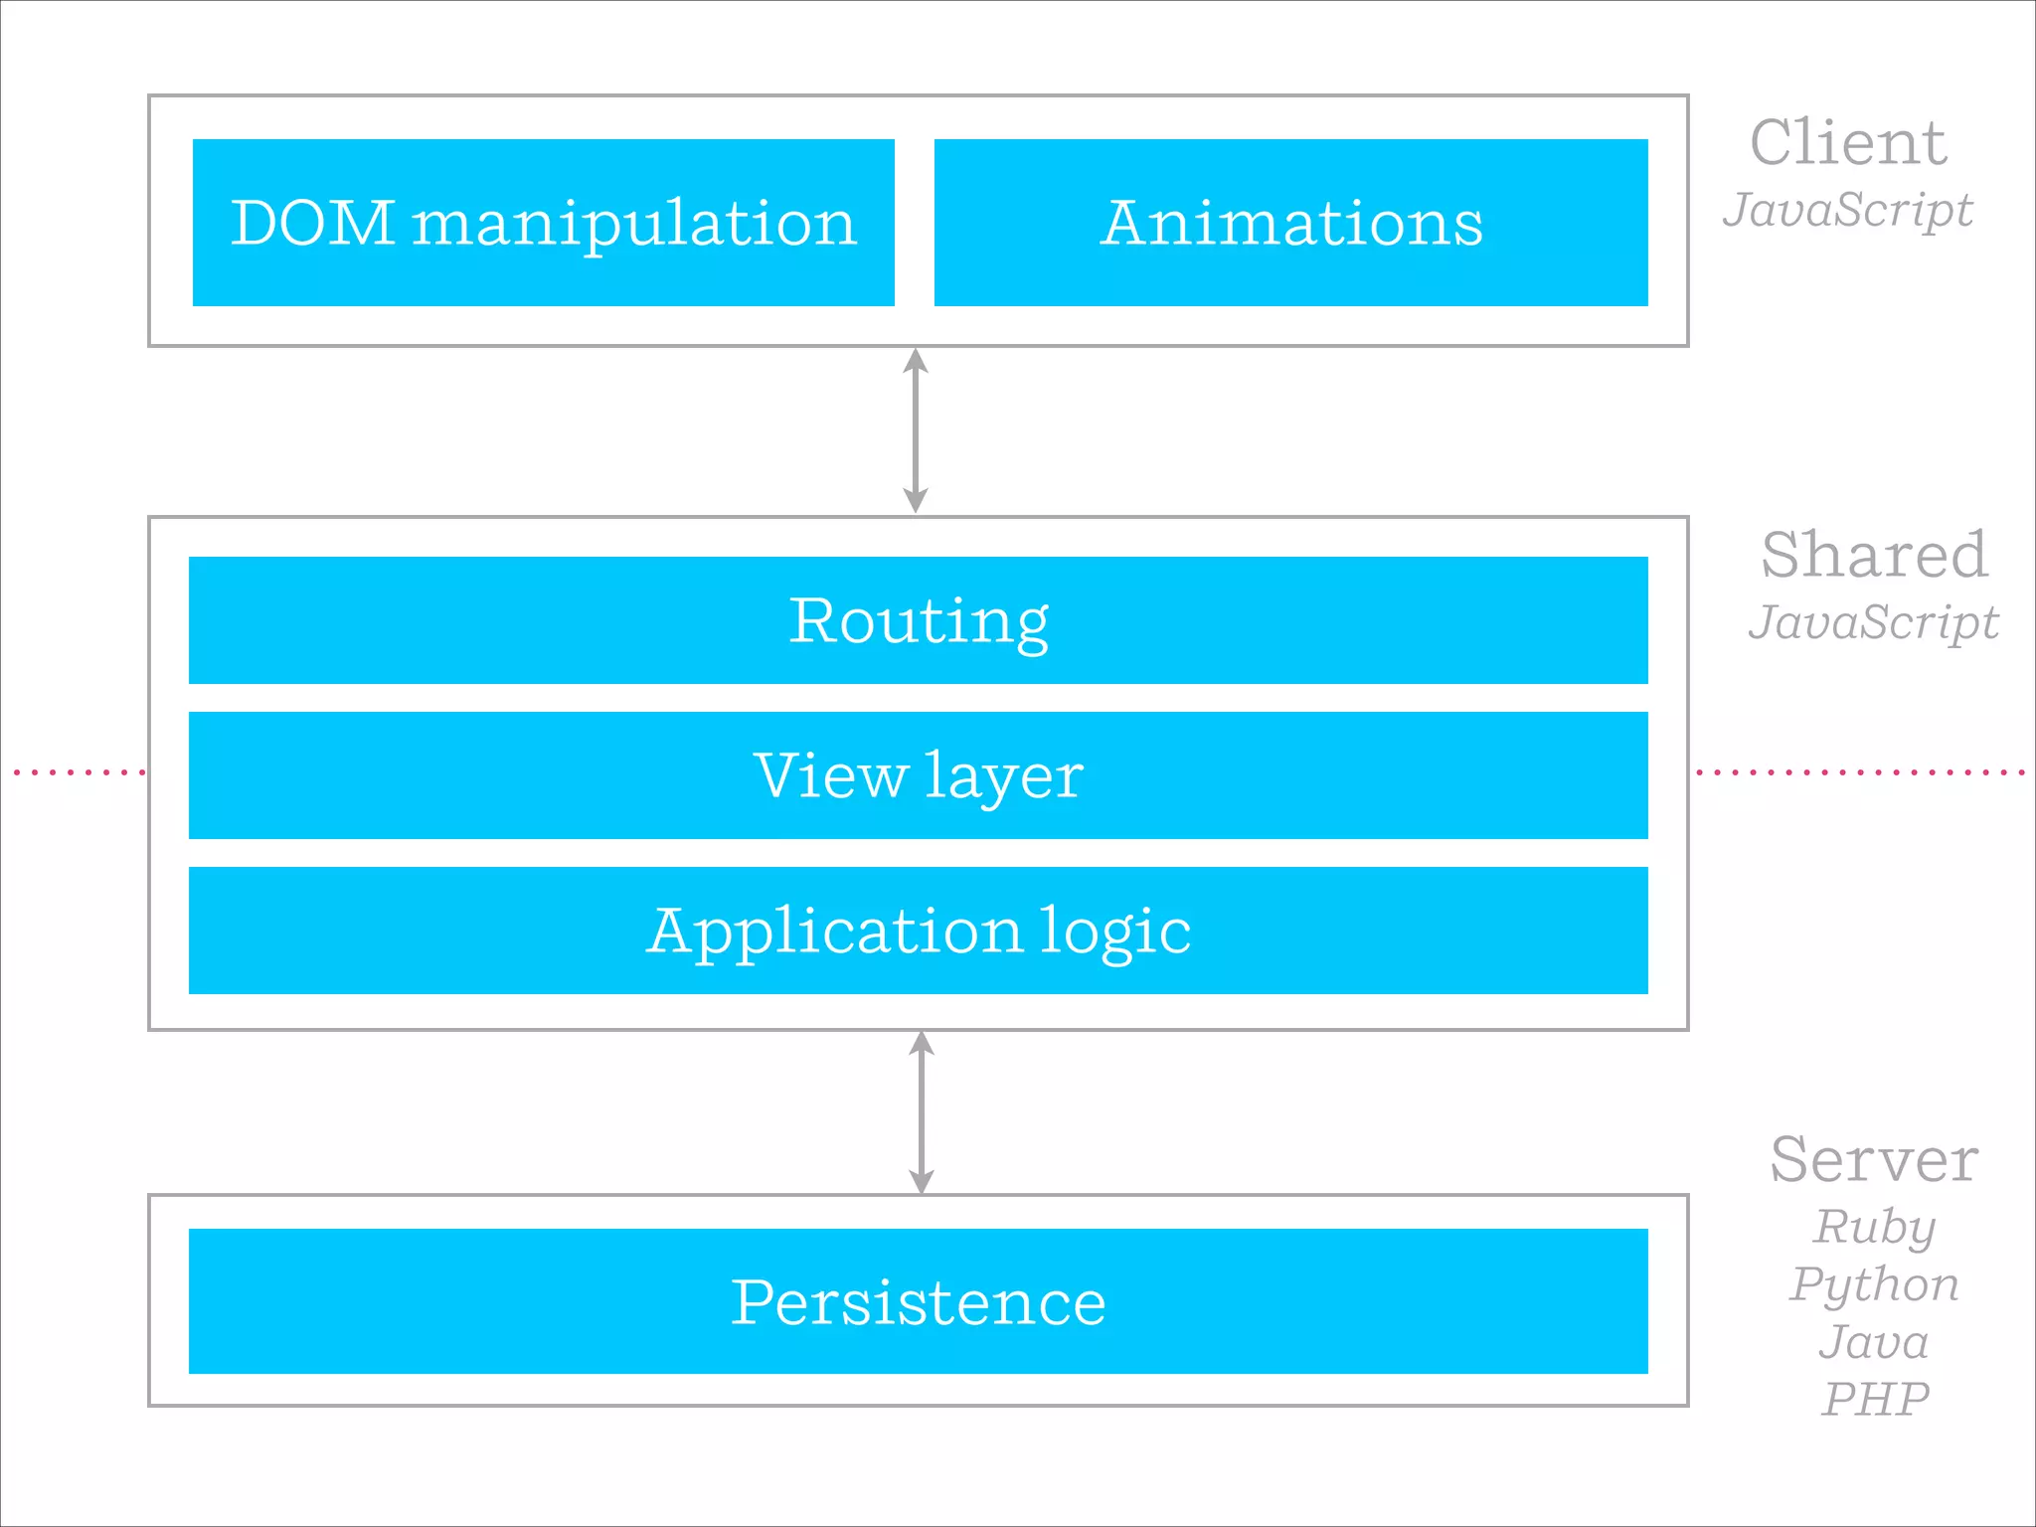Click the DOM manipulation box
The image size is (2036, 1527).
tap(543, 223)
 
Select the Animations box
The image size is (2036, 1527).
tap(1290, 223)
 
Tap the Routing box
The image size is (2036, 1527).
tap(918, 620)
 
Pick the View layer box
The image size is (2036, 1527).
tap(918, 775)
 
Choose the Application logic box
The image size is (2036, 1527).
tap(918, 931)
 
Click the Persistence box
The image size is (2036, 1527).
tap(918, 1301)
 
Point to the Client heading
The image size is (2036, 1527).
tap(1847, 143)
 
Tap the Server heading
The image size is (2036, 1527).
tap(1874, 1160)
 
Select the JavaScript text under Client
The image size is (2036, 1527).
tap(1847, 211)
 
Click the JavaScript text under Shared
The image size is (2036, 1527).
tap(1874, 623)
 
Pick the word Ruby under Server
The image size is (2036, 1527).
tap(1874, 1227)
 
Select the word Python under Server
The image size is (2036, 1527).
tap(1874, 1284)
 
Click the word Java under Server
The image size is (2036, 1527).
tap(1874, 1342)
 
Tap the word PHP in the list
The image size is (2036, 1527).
tap(1874, 1400)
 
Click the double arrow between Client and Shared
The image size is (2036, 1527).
tap(916, 430)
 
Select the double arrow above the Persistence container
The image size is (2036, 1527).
tap(922, 1111)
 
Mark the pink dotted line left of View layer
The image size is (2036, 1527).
tap(80, 771)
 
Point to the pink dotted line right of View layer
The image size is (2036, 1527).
tap(1859, 771)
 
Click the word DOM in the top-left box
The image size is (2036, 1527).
tap(312, 223)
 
